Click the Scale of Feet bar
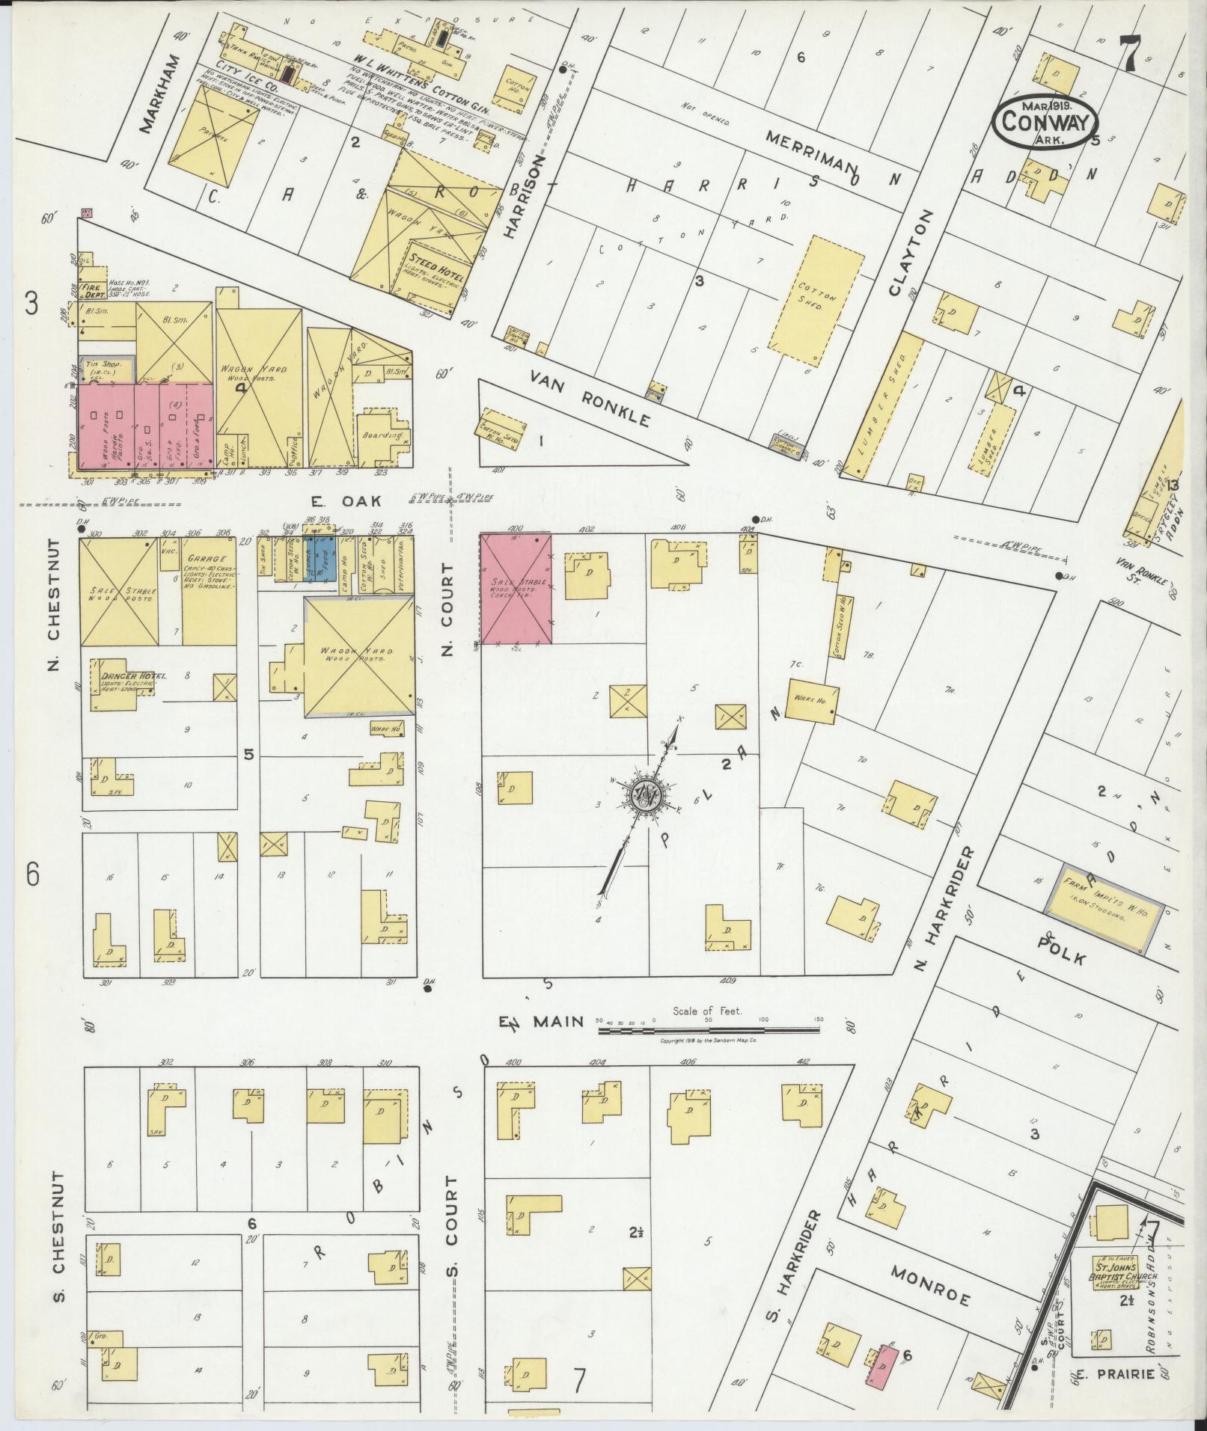pyautogui.click(x=708, y=1030)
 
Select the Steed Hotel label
pyautogui.click(x=437, y=271)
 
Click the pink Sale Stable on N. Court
pyautogui.click(x=516, y=588)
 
